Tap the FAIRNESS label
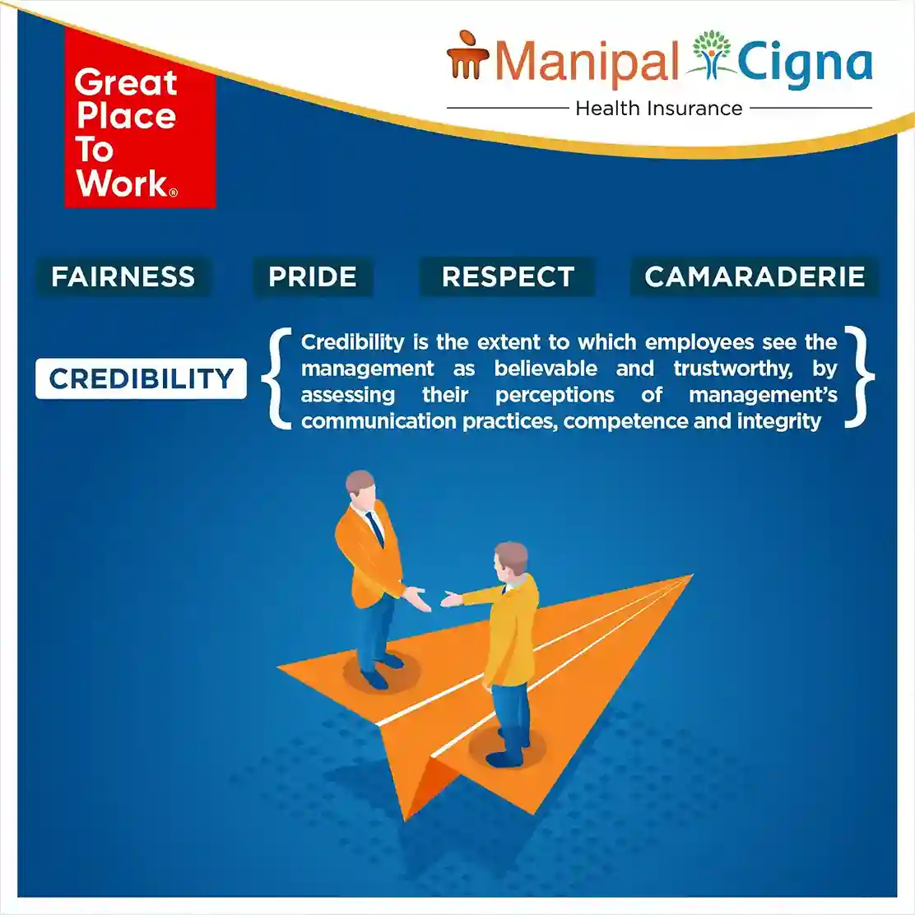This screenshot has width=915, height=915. (123, 276)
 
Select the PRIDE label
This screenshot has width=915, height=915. (313, 276)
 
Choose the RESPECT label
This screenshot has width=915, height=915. (508, 276)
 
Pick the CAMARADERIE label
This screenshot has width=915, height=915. (755, 276)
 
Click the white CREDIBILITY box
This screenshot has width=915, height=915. (142, 379)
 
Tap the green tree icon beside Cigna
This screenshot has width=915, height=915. (710, 55)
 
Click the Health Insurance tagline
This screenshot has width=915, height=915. (659, 109)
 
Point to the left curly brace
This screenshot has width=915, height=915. (277, 379)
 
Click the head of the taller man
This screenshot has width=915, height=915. (360, 485)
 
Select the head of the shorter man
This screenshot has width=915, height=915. (511, 559)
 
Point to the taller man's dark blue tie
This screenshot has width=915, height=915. (374, 529)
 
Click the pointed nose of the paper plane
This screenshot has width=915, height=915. (691, 576)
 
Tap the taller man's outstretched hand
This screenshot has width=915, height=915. (417, 598)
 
